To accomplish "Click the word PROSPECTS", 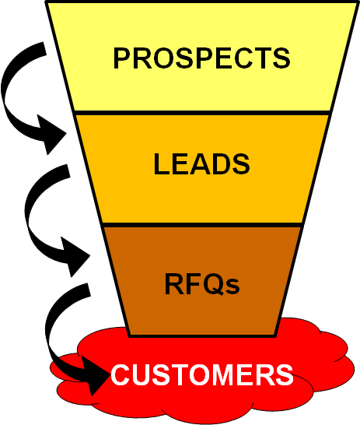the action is (201, 58).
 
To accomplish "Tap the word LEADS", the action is (201, 164).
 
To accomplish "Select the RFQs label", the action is (202, 284).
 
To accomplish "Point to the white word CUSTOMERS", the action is (202, 374).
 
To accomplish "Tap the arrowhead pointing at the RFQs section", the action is (75, 256).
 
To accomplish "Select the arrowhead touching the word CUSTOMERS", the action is (95, 375).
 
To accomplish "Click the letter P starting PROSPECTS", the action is (122, 58).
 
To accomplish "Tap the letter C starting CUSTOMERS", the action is (120, 374).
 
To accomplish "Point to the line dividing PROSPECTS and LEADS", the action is (202, 113).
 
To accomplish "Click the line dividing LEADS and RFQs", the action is (202, 225).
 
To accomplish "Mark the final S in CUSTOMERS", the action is (285, 374).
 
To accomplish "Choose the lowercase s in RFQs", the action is (232, 286).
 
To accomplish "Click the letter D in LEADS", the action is (222, 164).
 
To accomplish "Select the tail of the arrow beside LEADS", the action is (65, 171).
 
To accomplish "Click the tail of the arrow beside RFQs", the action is (85, 290).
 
